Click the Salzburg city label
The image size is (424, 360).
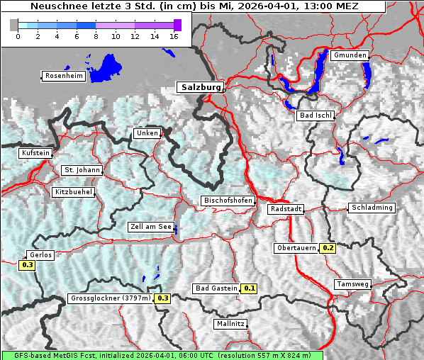tap(200, 87)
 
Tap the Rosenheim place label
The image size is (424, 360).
tap(63, 76)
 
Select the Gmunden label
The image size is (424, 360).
tap(350, 55)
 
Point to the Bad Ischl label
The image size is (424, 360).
tap(316, 116)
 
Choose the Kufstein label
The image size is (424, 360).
tap(35, 153)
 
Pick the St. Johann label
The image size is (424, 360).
tap(82, 170)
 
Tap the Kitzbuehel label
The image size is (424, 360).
tap(74, 192)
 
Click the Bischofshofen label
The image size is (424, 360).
tap(228, 201)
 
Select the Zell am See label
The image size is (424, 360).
tap(151, 227)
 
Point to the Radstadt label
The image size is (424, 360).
tap(286, 210)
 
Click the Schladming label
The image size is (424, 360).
tap(371, 208)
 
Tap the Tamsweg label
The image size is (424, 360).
tap(352, 284)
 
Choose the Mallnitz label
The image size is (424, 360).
tap(230, 324)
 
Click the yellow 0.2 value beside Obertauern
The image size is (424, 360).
tap(328, 248)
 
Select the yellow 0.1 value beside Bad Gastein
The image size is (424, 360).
tap(249, 288)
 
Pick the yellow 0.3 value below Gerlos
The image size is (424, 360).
tap(28, 265)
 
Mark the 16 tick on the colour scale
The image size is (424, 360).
tap(174, 35)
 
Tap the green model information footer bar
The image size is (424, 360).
tap(162, 355)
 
